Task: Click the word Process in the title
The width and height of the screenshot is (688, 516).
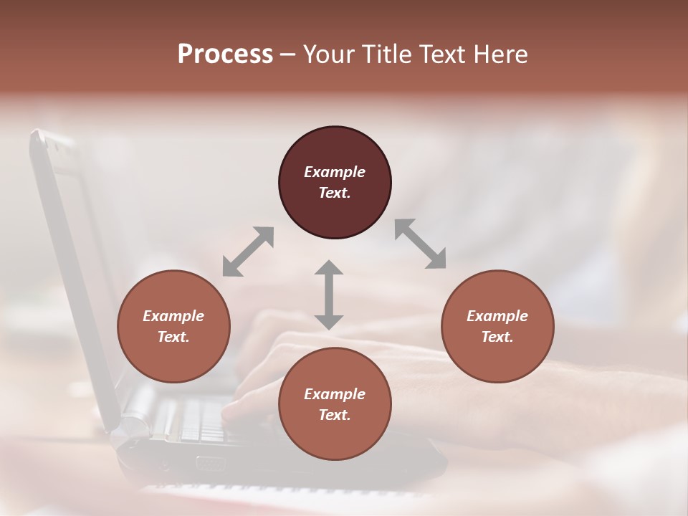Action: coord(225,54)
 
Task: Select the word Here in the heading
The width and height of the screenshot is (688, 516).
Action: coord(500,54)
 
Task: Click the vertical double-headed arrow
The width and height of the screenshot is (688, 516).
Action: coord(329,295)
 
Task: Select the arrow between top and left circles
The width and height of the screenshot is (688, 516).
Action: coord(248,252)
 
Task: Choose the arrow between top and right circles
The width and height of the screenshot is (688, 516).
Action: coord(421,244)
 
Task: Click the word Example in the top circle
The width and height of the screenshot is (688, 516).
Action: coord(335,172)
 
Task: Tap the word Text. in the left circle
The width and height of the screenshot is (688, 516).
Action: coord(173,337)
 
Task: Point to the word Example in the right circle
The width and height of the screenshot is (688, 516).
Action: coord(497,316)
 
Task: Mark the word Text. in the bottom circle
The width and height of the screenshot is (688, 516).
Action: coord(335,415)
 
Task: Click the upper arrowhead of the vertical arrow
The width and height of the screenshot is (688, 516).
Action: coord(329,269)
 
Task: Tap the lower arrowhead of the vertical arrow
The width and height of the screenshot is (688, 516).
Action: coord(329,321)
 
